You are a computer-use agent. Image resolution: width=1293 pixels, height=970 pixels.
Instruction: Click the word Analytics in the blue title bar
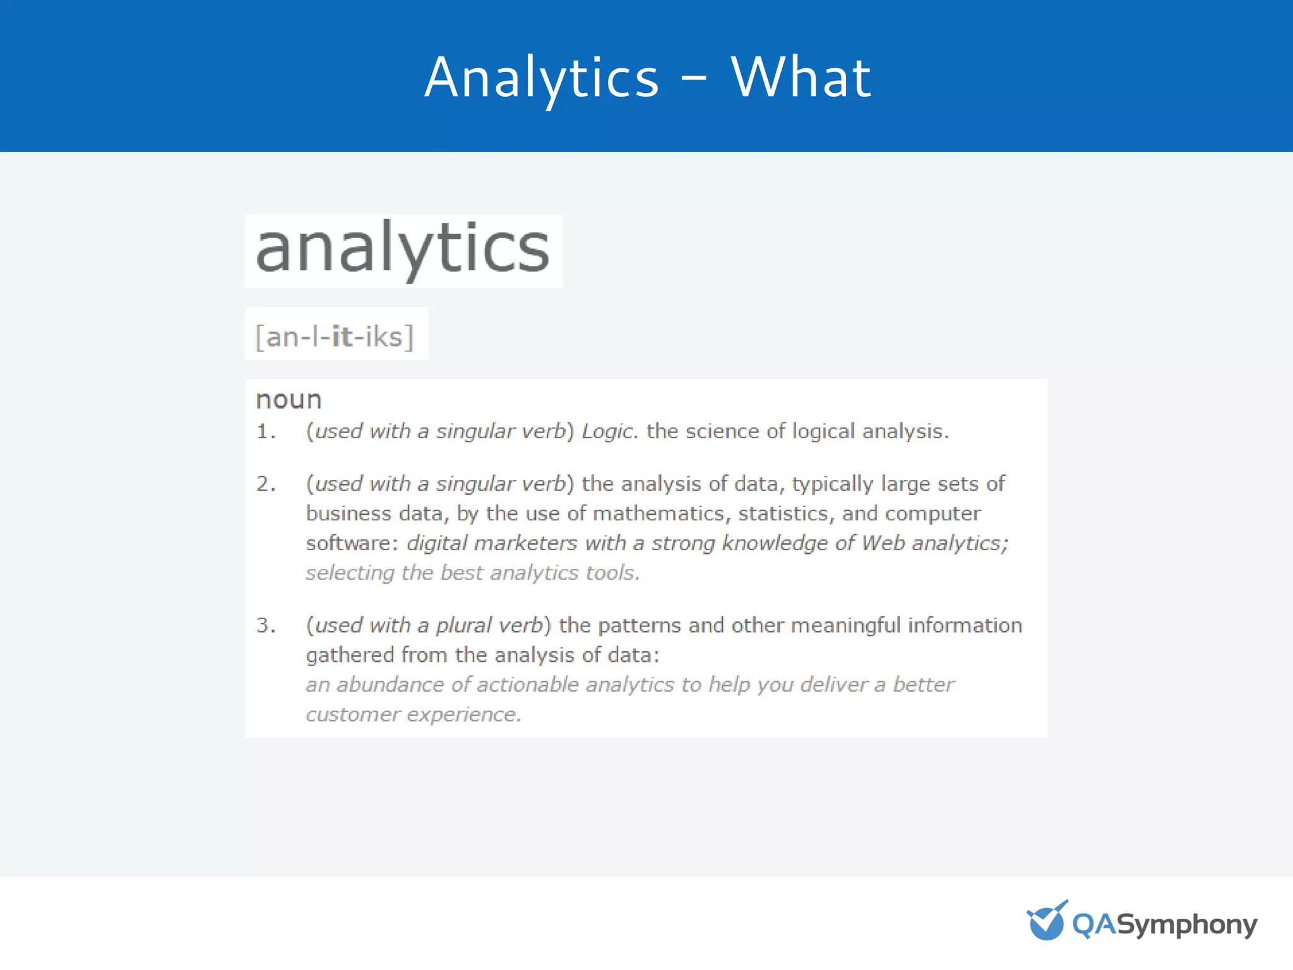(x=542, y=78)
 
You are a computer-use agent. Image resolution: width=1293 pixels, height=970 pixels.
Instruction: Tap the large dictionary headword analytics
(x=403, y=249)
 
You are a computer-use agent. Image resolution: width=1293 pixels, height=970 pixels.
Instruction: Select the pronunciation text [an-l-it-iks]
(x=335, y=336)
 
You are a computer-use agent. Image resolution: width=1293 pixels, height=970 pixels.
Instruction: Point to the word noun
(x=289, y=400)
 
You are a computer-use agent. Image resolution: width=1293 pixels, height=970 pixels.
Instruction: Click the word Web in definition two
(x=883, y=543)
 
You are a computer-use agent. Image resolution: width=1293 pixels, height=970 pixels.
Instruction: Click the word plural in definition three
(x=463, y=625)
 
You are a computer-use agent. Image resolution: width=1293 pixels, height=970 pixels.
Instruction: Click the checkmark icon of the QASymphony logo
(x=1047, y=921)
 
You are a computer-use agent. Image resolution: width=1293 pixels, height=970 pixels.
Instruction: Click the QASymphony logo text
(x=1165, y=925)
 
